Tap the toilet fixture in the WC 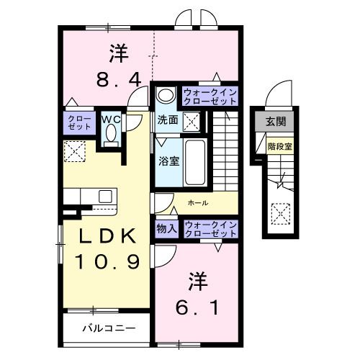111,135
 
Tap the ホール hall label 197,204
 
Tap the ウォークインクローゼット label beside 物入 209,229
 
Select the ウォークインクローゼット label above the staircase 209,97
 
